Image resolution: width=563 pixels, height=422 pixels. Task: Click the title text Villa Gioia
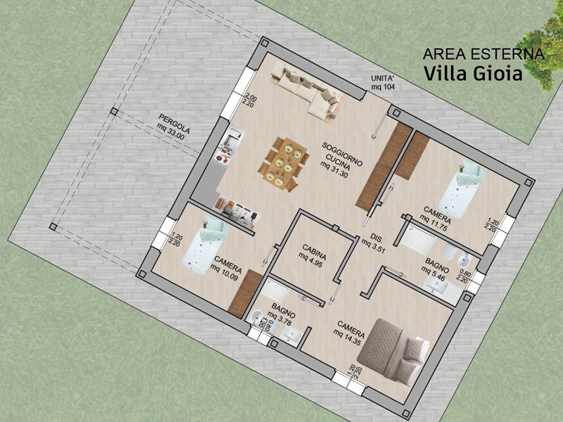pos(473,73)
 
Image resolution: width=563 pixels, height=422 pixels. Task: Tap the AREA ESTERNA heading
pos(483,54)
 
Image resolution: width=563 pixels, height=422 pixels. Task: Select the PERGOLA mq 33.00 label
pos(173,127)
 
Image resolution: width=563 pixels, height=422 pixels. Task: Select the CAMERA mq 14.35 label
pos(349,333)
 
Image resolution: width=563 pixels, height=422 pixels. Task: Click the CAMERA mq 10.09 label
pos(227,268)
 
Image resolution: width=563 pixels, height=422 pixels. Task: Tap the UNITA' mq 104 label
pos(384,83)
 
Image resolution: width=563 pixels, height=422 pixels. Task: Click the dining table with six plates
pos(284,163)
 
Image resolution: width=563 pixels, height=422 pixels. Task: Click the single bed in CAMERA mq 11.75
pos(462,190)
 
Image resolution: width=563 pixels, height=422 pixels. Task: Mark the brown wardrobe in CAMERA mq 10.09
pos(245,293)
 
